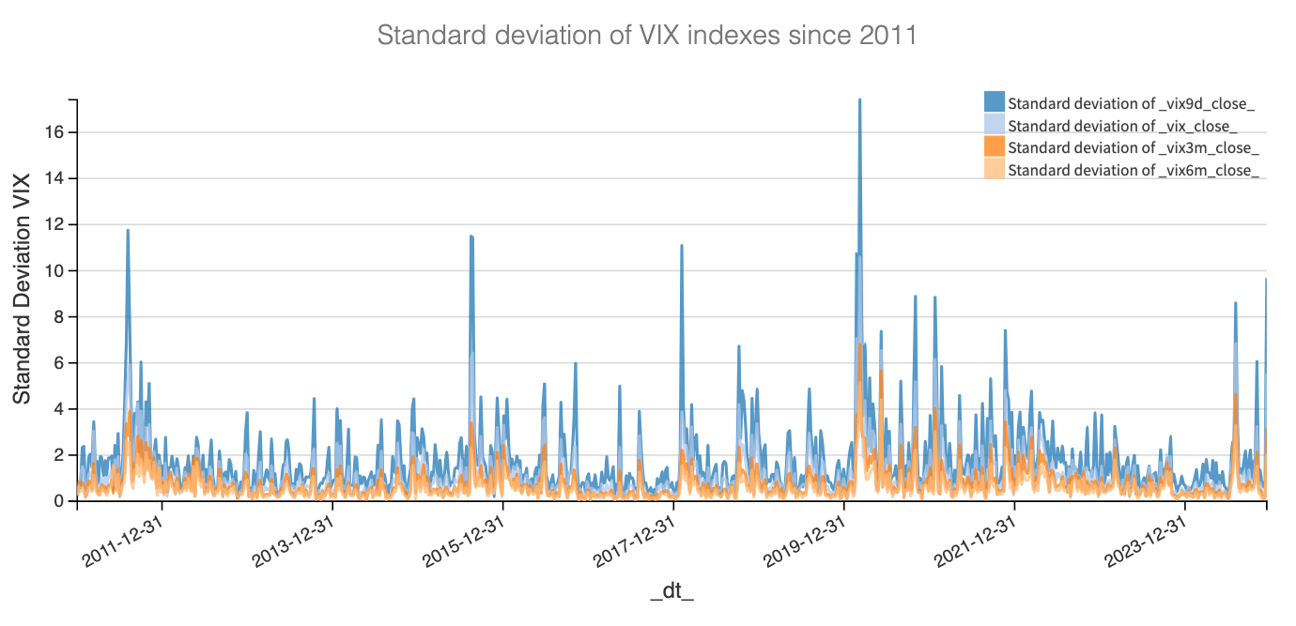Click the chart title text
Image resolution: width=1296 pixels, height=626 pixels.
click(x=646, y=36)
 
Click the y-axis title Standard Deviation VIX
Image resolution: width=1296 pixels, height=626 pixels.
click(x=22, y=289)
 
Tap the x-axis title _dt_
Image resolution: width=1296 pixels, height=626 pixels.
click(x=671, y=591)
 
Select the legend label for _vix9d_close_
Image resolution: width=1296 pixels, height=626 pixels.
click(x=1132, y=103)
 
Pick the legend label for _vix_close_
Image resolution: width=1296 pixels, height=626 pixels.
click(x=1121, y=126)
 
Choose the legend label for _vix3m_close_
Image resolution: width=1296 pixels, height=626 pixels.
click(x=1133, y=148)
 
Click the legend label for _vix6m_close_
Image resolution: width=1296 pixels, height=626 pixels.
click(x=1133, y=171)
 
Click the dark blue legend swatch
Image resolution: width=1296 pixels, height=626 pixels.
click(x=995, y=102)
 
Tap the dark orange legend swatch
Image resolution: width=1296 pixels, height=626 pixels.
click(x=995, y=147)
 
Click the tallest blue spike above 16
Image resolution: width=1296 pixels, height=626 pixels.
click(x=859, y=100)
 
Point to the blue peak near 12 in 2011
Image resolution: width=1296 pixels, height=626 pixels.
click(x=128, y=231)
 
